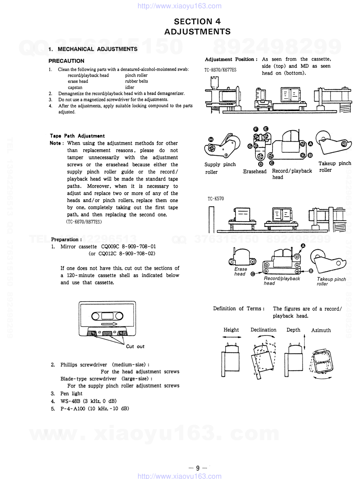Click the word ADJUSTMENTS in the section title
[x=197, y=32]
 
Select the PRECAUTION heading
[x=66, y=61]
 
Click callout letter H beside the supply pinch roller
[x=211, y=140]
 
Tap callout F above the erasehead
[x=256, y=129]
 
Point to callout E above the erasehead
[x=266, y=129]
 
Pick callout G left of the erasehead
[x=250, y=146]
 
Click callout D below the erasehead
[x=261, y=164]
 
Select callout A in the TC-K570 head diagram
[x=303, y=246]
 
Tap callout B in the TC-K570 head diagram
[x=311, y=271]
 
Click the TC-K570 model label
[x=215, y=199]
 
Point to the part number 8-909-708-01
[x=139, y=247]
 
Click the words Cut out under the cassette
[x=135, y=347]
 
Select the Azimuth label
[x=321, y=330]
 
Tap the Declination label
[x=263, y=330]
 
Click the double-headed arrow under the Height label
[x=232, y=337]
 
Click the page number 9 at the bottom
[x=197, y=468]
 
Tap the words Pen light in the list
[x=71, y=394]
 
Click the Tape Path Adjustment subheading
[x=77, y=136]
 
